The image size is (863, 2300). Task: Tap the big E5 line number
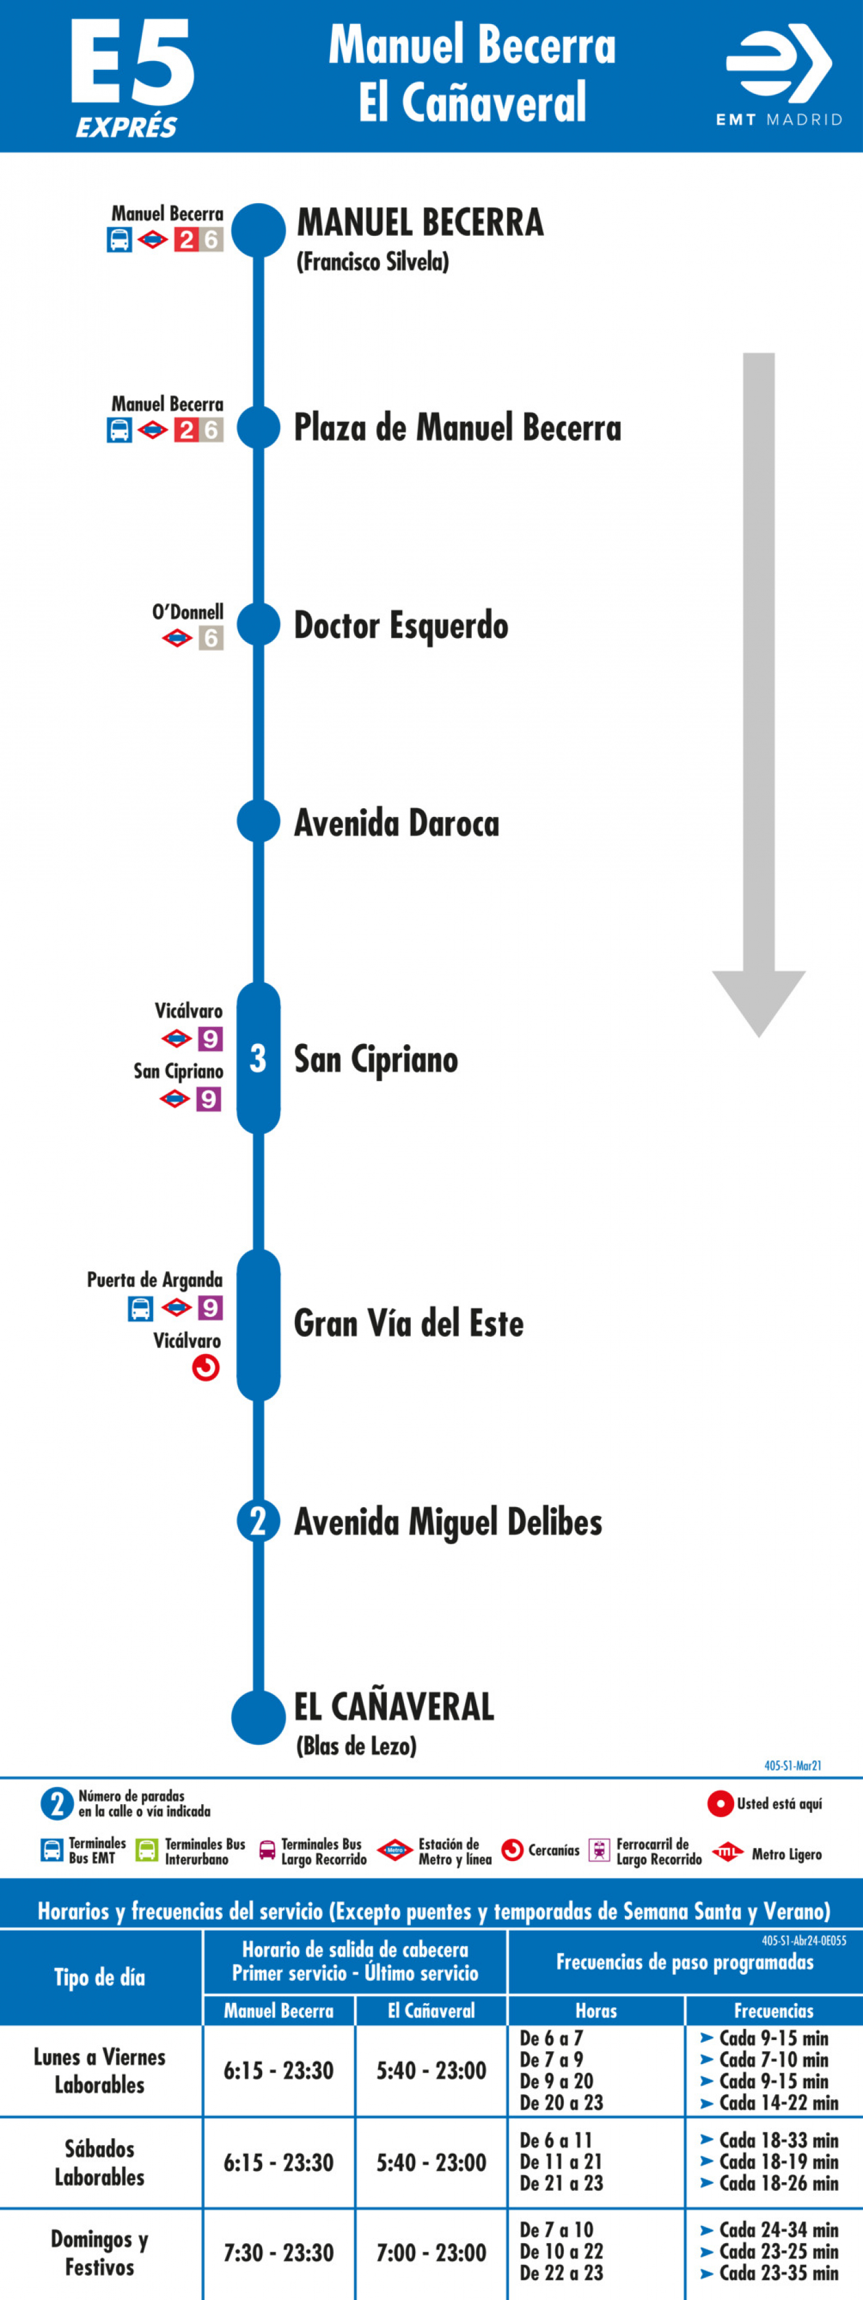pos(132,62)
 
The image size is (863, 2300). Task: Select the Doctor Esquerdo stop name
pos(401,627)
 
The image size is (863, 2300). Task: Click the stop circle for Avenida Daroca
pos(259,821)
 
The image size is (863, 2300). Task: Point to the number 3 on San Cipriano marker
pos(258,1059)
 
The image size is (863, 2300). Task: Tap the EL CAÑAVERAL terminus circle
pos(259,1717)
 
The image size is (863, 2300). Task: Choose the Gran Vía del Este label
pos(409,1323)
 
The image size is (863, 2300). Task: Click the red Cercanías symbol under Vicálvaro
pos(206,1368)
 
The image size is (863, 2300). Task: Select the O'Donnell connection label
pos(188,612)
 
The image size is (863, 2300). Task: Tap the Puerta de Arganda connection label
pos(154,1279)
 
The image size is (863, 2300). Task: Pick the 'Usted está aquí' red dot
pos(721,1804)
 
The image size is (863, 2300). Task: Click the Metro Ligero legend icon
pos(729,1854)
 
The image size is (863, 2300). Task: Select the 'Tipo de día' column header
pos(100,1977)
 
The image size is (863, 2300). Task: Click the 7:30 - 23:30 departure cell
pos(278,2252)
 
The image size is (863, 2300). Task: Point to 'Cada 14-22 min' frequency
pos(778,2102)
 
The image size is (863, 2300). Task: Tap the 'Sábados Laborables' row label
pos(100,2162)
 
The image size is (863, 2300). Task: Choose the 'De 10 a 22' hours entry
pos(561,2251)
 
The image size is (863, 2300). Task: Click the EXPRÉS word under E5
pos(126,128)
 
